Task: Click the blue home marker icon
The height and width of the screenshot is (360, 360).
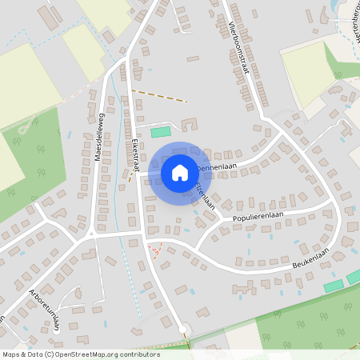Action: [180, 172]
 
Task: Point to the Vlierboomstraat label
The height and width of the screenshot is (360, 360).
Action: [238, 47]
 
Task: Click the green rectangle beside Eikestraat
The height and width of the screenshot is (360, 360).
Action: [161, 131]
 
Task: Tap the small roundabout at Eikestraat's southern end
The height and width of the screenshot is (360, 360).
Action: [183, 328]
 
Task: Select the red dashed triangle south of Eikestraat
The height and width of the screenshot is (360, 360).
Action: [157, 250]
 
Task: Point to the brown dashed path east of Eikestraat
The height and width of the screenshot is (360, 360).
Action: [160, 95]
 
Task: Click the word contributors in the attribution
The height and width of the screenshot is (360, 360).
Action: [135, 354]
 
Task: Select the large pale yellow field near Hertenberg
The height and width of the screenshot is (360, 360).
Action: [308, 72]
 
